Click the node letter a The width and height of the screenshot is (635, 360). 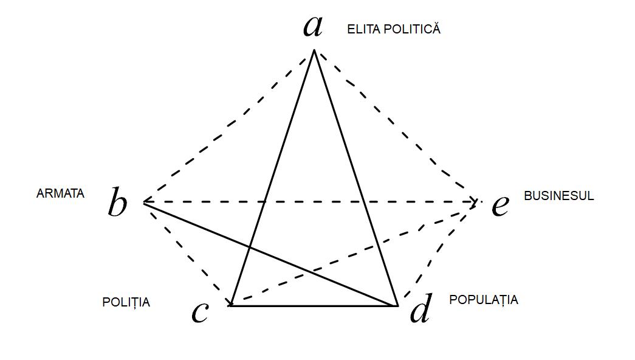312,26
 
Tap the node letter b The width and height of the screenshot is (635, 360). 117,203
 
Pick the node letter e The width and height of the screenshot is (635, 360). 499,206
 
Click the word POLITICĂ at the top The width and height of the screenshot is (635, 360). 411,29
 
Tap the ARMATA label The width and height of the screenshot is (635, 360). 60,193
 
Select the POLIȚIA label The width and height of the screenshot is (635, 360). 126,302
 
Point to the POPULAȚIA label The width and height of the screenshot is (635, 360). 484,300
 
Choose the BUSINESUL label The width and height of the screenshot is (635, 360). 558,196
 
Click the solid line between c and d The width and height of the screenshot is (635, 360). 313,305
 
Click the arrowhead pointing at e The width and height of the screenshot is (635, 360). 473,201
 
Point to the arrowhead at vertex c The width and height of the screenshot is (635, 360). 229,302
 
